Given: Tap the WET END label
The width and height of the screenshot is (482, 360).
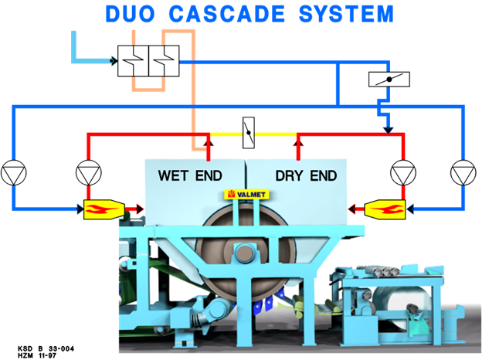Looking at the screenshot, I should click(190, 176).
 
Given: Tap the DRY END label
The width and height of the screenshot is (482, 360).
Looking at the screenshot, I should click(306, 176).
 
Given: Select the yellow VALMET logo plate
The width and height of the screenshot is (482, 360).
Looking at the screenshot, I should click(245, 194).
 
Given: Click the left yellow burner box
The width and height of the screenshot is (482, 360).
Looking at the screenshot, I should click(103, 208).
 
